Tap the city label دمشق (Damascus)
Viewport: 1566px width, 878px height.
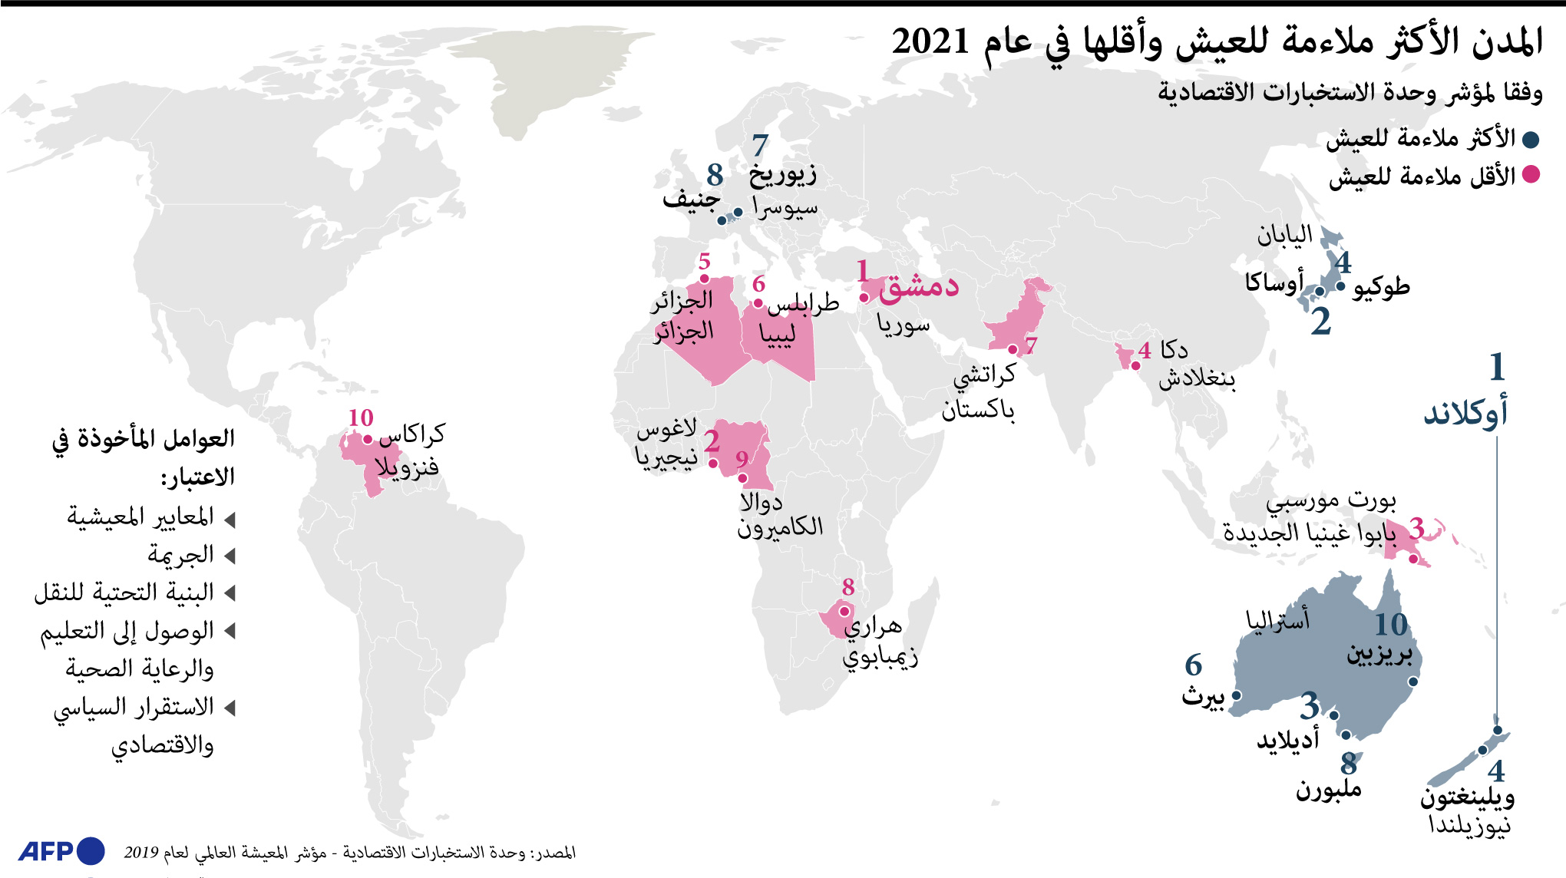click(x=919, y=286)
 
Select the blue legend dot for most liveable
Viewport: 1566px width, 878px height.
click(x=1531, y=140)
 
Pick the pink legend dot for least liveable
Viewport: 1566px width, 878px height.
click(x=1531, y=175)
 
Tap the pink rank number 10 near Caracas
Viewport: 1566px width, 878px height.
click(x=360, y=418)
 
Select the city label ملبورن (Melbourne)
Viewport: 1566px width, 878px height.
click(x=1328, y=789)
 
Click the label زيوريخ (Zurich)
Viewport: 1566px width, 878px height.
click(x=783, y=175)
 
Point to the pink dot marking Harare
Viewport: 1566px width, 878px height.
click(x=844, y=612)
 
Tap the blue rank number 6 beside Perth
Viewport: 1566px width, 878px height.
click(x=1193, y=665)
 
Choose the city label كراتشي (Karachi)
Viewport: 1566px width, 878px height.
click(x=984, y=375)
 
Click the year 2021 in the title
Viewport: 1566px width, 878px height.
click(x=931, y=41)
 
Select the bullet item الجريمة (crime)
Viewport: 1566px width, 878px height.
click(x=181, y=554)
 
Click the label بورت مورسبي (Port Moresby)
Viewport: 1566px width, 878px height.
click(x=1331, y=502)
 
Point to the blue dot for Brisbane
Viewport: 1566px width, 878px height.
click(x=1413, y=682)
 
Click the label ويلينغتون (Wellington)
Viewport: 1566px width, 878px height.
click(x=1466, y=797)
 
